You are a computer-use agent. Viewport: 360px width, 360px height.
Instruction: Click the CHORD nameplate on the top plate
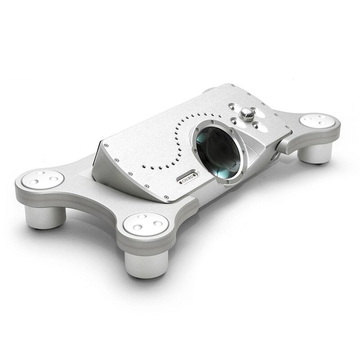point(188,178)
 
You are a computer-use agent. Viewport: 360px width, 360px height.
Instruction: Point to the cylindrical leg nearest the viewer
point(146,264)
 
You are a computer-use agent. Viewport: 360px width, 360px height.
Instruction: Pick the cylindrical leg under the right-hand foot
point(315,153)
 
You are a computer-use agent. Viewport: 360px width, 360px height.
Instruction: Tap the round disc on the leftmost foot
point(43,179)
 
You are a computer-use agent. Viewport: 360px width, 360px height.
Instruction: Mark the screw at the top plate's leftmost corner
point(106,145)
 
